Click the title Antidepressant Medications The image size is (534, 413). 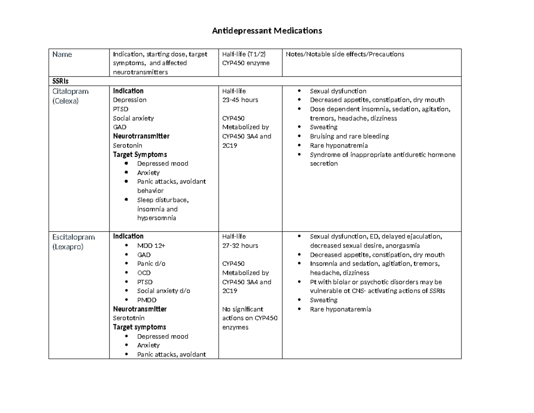pos(266,31)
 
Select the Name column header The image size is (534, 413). pos(62,54)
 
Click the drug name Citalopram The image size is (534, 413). pos(70,91)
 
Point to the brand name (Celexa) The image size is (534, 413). pos(65,101)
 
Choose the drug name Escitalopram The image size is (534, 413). pos(73,237)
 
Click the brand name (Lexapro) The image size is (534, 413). pos(68,246)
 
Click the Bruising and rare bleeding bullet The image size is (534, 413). pos(349,136)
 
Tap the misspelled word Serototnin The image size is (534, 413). pos(129,318)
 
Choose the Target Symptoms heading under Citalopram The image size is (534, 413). pos(140,155)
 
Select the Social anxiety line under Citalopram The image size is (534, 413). pos(133,118)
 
